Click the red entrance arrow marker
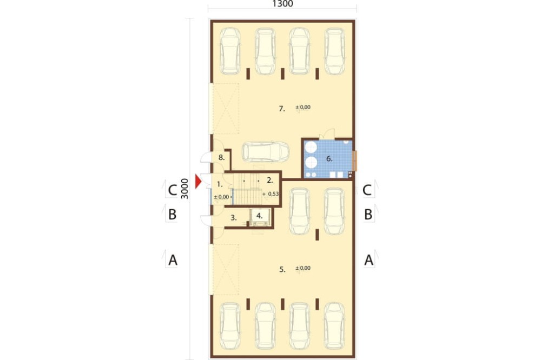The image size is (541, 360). pyautogui.click(x=197, y=182)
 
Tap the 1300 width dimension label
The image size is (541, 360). pyautogui.click(x=282, y=4)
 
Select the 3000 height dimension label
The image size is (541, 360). pyautogui.click(x=185, y=189)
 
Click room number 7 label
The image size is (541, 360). pyautogui.click(x=282, y=109)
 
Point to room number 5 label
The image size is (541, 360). pyautogui.click(x=282, y=269)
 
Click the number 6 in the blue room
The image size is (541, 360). pyautogui.click(x=329, y=158)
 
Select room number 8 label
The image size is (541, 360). pyautogui.click(x=221, y=158)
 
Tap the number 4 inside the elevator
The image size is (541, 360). pyautogui.click(x=260, y=216)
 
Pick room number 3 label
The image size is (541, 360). pyautogui.click(x=234, y=218)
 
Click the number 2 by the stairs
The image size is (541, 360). pyautogui.click(x=270, y=180)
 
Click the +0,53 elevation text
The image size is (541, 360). pyautogui.click(x=271, y=194)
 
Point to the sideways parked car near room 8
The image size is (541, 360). pyautogui.click(x=265, y=152)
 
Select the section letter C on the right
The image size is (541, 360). pyautogui.click(x=367, y=190)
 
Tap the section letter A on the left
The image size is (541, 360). pyautogui.click(x=173, y=260)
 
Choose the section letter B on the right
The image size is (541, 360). pyautogui.click(x=368, y=215)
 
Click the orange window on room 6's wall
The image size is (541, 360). pyautogui.click(x=355, y=161)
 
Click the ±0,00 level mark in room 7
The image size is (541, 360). pyautogui.click(x=303, y=107)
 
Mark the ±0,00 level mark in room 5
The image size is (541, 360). pyautogui.click(x=303, y=268)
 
